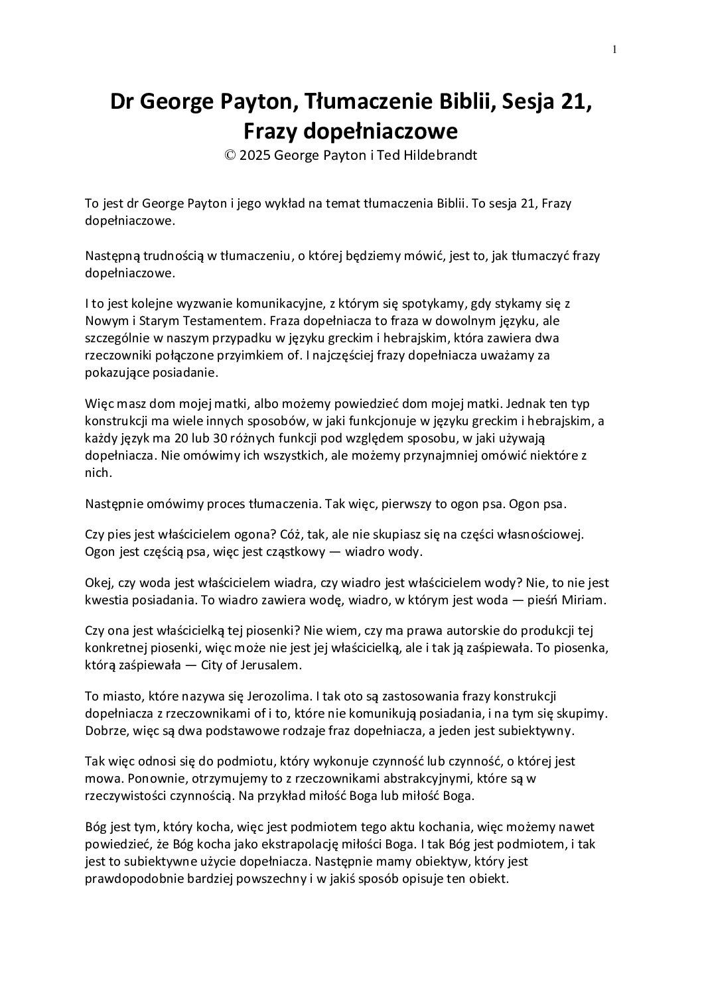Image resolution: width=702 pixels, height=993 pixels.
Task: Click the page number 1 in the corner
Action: coord(615,48)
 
